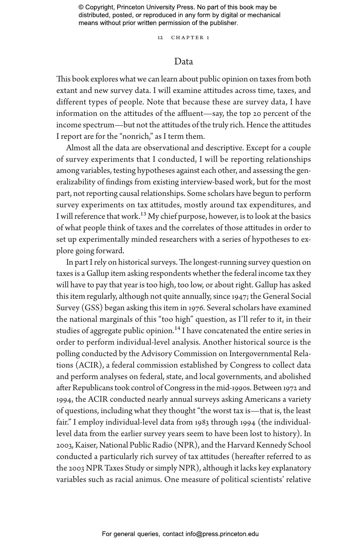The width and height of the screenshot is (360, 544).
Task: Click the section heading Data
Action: tap(183, 61)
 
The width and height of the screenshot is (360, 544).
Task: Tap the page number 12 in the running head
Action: tap(160, 38)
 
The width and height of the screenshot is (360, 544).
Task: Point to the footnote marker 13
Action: tap(143, 214)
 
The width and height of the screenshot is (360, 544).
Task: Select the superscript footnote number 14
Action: tap(177, 328)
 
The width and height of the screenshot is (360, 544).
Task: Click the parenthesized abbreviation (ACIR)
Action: tap(89, 365)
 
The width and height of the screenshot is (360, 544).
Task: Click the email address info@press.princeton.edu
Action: tap(222, 534)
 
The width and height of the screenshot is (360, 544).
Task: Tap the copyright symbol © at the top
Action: tap(81, 7)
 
